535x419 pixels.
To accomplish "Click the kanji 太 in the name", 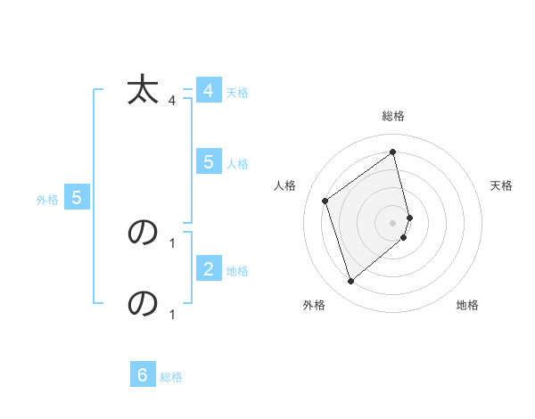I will pyautogui.click(x=143, y=91).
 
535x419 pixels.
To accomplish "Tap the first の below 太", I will pyautogui.click(x=143, y=232).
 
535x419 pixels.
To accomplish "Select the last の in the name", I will pyautogui.click(x=143, y=304).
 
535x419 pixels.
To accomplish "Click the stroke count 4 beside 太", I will pyautogui.click(x=171, y=101).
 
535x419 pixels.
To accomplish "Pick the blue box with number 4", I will pyautogui.click(x=208, y=91).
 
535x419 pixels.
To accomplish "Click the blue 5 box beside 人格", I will pyautogui.click(x=208, y=162).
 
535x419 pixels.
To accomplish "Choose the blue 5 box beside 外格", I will pyautogui.click(x=77, y=198).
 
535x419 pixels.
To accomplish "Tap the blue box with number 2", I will pyautogui.click(x=208, y=268).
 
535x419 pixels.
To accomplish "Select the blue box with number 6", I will pyautogui.click(x=143, y=375).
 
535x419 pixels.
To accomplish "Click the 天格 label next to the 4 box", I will pyautogui.click(x=237, y=93).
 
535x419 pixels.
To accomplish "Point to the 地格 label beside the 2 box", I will pyautogui.click(x=237, y=271).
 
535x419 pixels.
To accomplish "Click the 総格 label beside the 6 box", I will pyautogui.click(x=171, y=377).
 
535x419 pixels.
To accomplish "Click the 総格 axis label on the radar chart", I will pyautogui.click(x=393, y=116).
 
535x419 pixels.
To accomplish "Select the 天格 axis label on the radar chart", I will pyautogui.click(x=502, y=185).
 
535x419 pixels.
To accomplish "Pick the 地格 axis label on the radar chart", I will pyautogui.click(x=467, y=306).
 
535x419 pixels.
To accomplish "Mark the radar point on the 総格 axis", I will pyautogui.click(x=393, y=152).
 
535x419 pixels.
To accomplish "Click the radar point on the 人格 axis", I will pyautogui.click(x=325, y=201).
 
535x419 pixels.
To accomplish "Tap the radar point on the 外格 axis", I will pyautogui.click(x=350, y=282).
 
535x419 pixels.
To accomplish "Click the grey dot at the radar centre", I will pyautogui.click(x=393, y=221).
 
